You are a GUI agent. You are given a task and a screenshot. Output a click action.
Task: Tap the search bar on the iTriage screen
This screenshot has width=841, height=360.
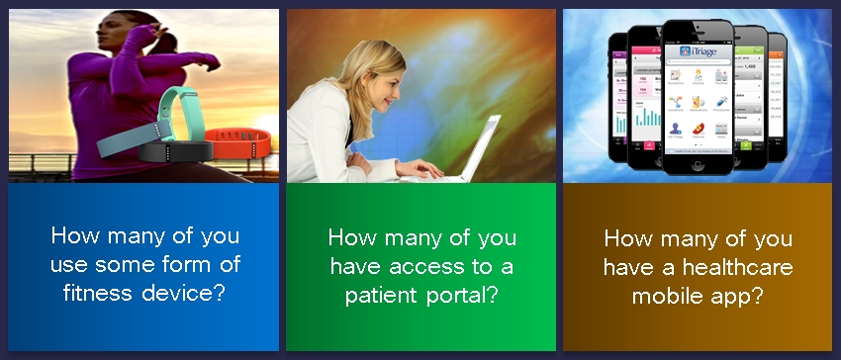pyautogui.click(x=702, y=61)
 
